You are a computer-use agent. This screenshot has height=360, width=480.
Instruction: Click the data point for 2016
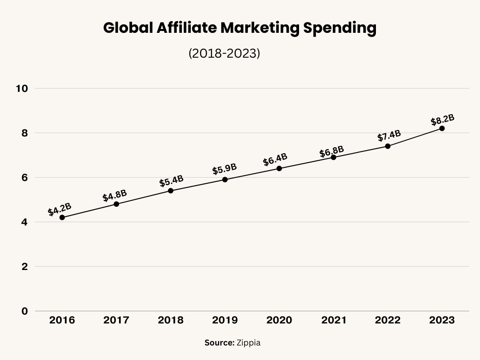tap(62, 217)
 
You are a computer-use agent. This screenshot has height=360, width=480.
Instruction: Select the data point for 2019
tap(225, 180)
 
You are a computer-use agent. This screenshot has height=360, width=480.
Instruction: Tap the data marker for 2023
tap(442, 128)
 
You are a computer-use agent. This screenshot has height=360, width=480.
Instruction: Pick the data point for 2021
tap(333, 157)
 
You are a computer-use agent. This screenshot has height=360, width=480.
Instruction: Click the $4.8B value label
tap(115, 195)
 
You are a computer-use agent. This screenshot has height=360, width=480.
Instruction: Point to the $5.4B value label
tap(171, 181)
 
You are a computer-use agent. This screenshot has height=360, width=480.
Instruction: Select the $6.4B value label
tap(275, 159)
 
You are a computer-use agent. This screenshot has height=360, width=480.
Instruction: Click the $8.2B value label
tap(442, 120)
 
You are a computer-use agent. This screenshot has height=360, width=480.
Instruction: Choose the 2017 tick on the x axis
tap(116, 321)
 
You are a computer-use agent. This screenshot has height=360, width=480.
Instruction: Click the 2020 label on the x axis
tap(279, 321)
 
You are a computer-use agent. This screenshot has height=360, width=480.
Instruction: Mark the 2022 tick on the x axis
tap(388, 321)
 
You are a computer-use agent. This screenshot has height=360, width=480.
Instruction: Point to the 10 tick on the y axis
tap(22, 89)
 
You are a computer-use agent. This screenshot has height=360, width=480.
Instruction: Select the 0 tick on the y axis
tap(24, 311)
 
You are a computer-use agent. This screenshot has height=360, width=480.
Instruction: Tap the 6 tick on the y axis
tap(24, 178)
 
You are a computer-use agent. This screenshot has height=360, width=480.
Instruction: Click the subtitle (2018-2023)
tap(224, 53)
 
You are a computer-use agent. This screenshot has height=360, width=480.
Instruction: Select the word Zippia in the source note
tap(248, 343)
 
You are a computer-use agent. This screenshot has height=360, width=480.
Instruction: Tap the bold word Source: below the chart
tap(219, 343)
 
